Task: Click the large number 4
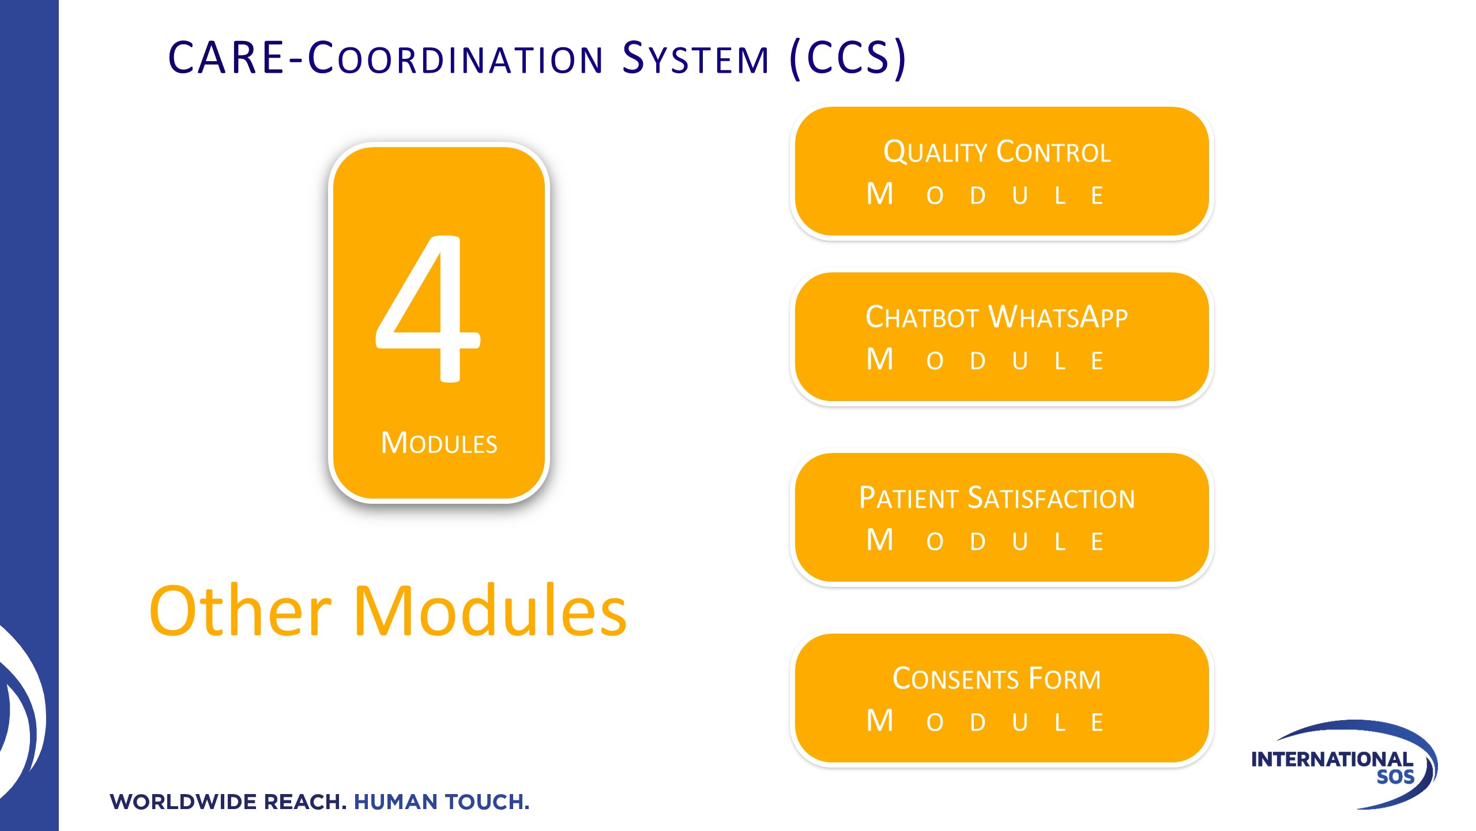point(428,308)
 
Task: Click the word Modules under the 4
point(439,443)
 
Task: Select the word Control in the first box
point(1054,152)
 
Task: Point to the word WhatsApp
point(1058,317)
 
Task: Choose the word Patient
point(909,498)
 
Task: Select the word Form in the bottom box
point(1065,679)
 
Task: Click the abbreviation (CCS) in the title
point(848,58)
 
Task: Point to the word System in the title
point(696,58)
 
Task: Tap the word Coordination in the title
point(455,58)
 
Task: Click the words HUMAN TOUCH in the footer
point(442,802)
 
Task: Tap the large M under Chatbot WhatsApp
point(880,359)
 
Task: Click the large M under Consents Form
point(880,720)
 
